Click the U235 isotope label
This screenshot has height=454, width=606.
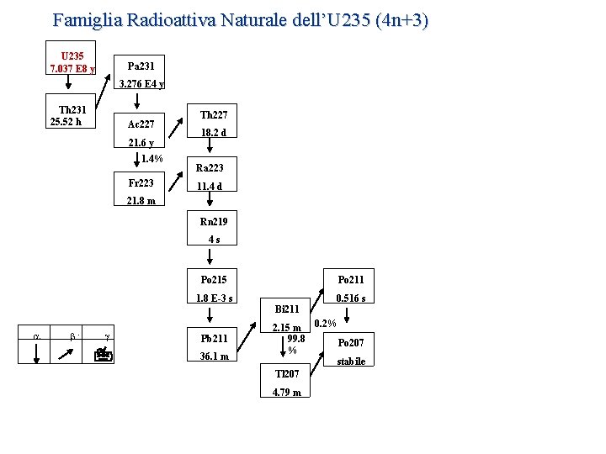pos(72,55)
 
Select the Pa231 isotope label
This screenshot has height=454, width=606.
pos(140,65)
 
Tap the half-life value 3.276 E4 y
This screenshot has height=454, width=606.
pos(141,83)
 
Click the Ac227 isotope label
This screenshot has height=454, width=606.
pos(140,124)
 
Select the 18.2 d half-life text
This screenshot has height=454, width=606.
pos(213,133)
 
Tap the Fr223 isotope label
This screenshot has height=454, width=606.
pos(140,182)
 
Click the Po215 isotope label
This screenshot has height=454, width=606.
pos(213,279)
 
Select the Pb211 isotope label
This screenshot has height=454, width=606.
pos(213,338)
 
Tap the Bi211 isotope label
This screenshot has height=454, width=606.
pos(286,309)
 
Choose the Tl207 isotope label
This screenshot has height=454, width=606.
pos(286,373)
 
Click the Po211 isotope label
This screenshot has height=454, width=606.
pos(351,279)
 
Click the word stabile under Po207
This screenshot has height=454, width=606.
pos(351,362)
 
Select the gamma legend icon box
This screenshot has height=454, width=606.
pos(105,354)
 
